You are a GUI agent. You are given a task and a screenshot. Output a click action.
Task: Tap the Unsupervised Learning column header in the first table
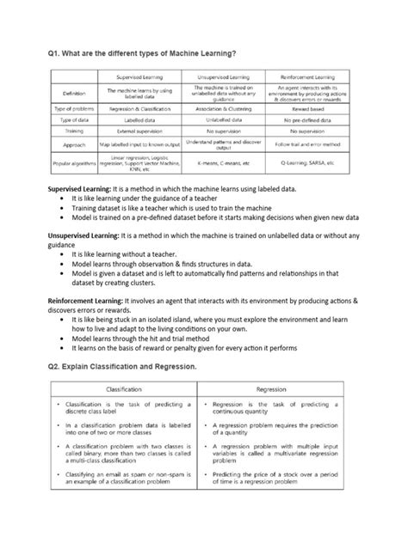click(225, 76)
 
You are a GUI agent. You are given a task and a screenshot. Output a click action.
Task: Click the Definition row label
click(68, 93)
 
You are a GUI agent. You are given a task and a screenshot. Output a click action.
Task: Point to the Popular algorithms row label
click(68, 162)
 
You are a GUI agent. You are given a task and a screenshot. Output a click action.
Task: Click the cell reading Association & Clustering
click(225, 111)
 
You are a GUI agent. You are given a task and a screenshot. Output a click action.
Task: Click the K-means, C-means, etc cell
click(225, 162)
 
